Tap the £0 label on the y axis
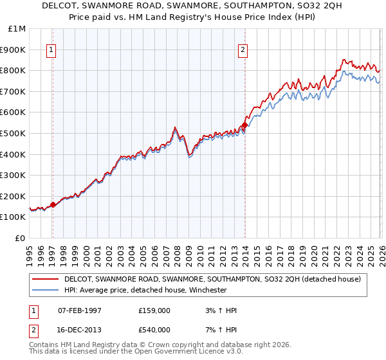[21, 238]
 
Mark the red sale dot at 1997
[53, 204]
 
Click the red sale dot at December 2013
[244, 125]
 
